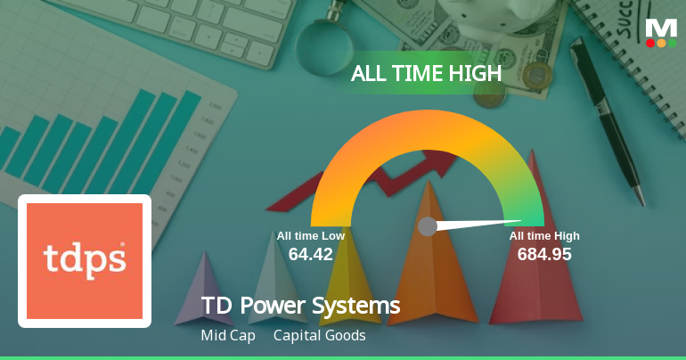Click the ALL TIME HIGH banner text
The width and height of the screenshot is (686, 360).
pos(427,74)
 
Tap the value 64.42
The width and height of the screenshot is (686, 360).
pos(310,254)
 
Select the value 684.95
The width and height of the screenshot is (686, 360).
pos(544,254)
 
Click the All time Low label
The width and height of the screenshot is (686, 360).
pos(310,236)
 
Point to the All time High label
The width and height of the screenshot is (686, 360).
pos(544,236)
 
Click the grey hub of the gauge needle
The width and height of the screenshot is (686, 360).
pos(428,226)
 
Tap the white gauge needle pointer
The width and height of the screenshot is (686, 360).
pos(481,224)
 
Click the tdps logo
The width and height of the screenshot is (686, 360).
pos(85,260)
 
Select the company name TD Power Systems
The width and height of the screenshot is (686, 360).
pos(300,307)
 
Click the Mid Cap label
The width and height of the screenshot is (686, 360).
pos(228,336)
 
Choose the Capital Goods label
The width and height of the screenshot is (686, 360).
pos(320,336)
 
